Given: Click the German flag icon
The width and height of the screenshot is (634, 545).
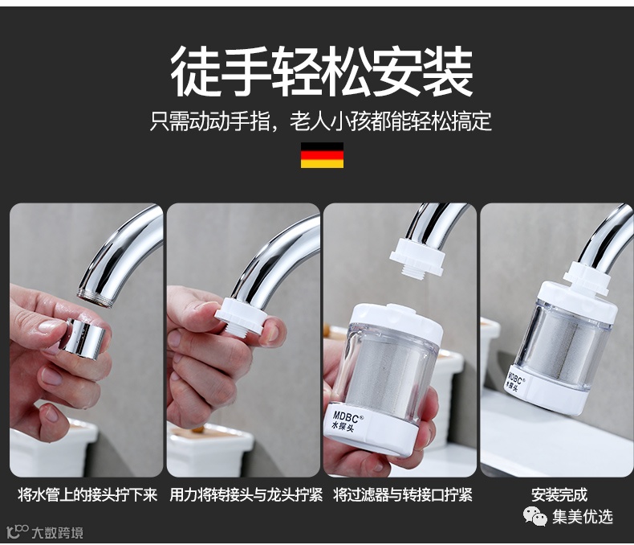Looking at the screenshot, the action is [322, 155].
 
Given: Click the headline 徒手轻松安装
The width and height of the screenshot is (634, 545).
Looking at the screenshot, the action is [322, 72].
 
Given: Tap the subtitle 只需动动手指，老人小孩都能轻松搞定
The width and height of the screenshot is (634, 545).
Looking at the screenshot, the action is [321, 121].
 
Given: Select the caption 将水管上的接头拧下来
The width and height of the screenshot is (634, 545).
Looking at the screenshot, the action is [87, 494].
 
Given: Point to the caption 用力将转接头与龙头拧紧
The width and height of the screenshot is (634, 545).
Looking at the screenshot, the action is [246, 494].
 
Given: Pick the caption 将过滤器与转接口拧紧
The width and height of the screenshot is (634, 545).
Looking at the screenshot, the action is [403, 494].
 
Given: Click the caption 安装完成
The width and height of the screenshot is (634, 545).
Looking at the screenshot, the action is [559, 494].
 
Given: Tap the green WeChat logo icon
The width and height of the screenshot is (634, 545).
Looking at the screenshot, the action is [535, 516].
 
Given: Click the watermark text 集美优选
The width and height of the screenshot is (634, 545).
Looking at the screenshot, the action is [583, 517].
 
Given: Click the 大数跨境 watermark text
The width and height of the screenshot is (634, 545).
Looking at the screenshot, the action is [57, 532].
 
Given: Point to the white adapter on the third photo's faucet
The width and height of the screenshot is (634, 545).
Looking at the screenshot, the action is [417, 258].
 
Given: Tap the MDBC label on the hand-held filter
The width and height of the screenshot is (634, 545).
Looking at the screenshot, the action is [346, 421].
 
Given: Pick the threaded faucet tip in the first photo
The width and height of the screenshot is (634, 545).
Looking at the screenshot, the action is [96, 299].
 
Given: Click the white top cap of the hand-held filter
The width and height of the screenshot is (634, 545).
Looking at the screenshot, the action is [396, 319].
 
